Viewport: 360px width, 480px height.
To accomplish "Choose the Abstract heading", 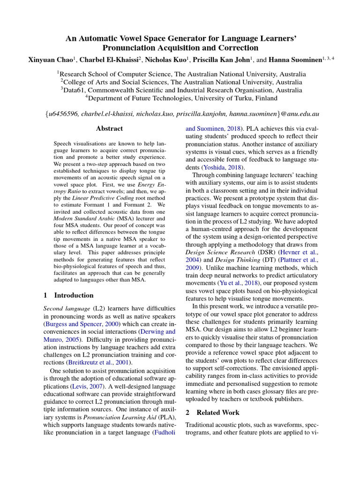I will coord(109,128).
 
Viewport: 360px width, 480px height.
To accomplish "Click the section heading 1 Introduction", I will coord(68,295).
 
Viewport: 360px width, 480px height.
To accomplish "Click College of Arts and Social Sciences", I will coord(116,82).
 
